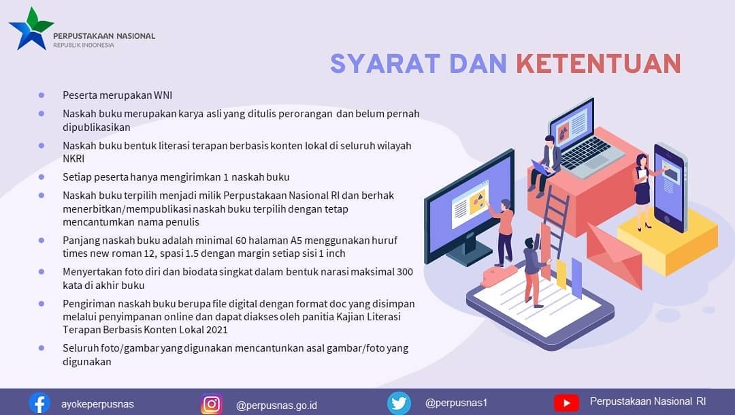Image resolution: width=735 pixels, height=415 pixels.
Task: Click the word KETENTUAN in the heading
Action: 599,64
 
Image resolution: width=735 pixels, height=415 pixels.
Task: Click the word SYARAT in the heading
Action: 385,64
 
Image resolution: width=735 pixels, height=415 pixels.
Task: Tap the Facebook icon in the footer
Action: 39,403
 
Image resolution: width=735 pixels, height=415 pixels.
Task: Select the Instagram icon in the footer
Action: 212,403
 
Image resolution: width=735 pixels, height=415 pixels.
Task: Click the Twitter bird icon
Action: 399,403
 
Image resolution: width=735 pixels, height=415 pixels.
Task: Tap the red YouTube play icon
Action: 566,403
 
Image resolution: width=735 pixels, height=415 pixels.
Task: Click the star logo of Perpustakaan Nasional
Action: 31,29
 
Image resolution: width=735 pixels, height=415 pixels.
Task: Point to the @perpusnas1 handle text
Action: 456,403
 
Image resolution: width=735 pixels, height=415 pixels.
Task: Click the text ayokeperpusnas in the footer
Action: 97,403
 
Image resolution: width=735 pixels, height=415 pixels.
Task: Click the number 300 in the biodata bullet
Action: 404,272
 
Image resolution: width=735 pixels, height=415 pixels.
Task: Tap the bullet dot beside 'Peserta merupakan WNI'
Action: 42,95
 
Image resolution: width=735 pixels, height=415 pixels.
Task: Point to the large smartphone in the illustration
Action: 670,187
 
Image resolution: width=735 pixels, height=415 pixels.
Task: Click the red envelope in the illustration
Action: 614,256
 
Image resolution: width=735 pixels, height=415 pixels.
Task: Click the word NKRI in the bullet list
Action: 73,159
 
